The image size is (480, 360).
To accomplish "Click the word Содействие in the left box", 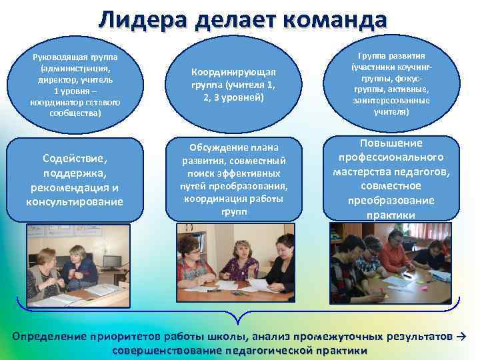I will coord(75,158).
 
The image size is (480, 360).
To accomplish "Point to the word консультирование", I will coord(75,201).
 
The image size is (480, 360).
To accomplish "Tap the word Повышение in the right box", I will coord(391,143).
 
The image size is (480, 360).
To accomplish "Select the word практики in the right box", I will coord(391,215).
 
